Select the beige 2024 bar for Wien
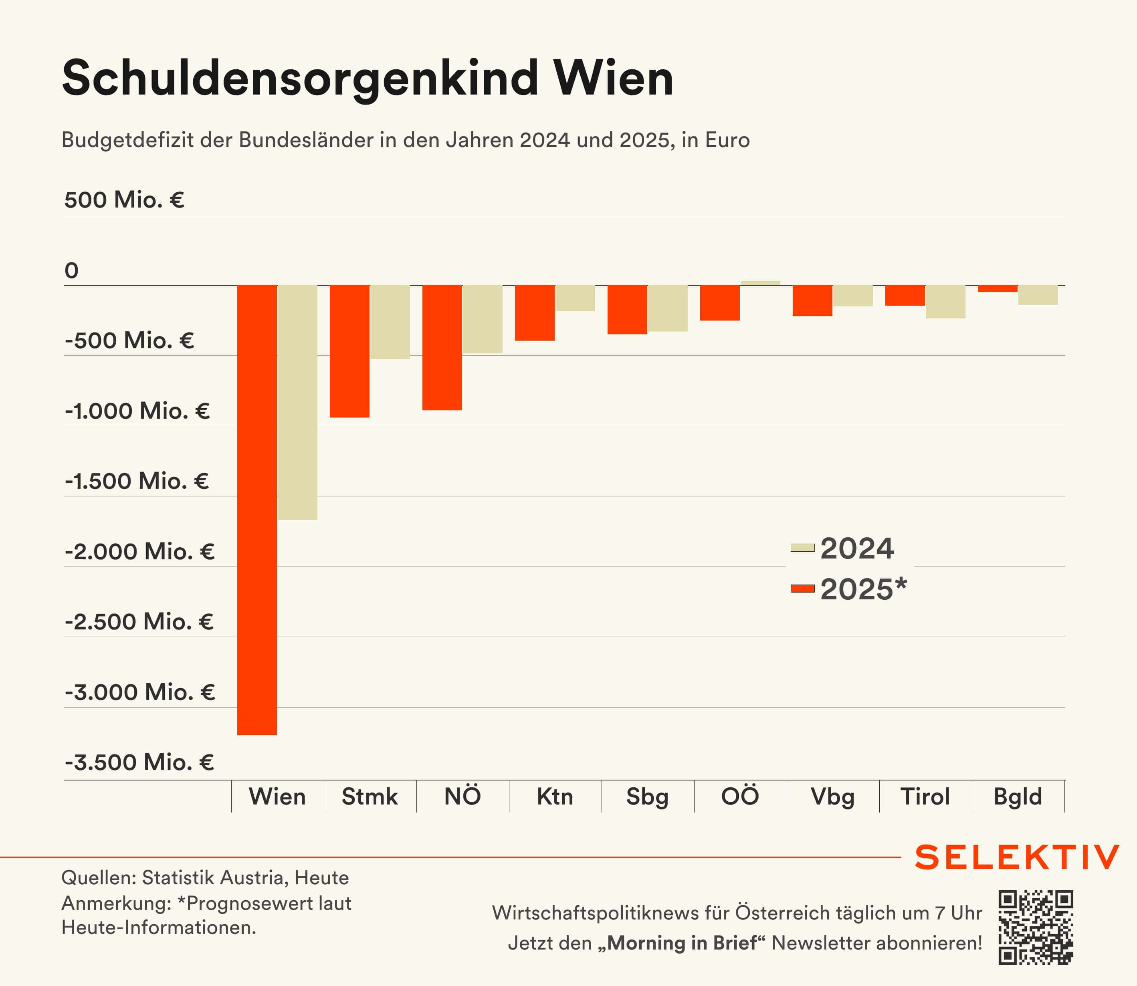(x=297, y=402)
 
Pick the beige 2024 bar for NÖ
(x=482, y=319)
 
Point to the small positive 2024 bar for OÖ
(x=760, y=283)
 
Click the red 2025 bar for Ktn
(x=534, y=313)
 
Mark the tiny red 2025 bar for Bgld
(x=997, y=289)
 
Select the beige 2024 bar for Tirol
(x=945, y=302)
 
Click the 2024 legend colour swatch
(x=802, y=547)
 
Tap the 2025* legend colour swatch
(x=802, y=589)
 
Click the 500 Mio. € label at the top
(x=124, y=200)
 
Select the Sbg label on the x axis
(x=647, y=797)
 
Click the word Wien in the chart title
(x=613, y=78)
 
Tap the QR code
(x=1036, y=927)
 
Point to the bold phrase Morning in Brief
(x=682, y=943)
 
